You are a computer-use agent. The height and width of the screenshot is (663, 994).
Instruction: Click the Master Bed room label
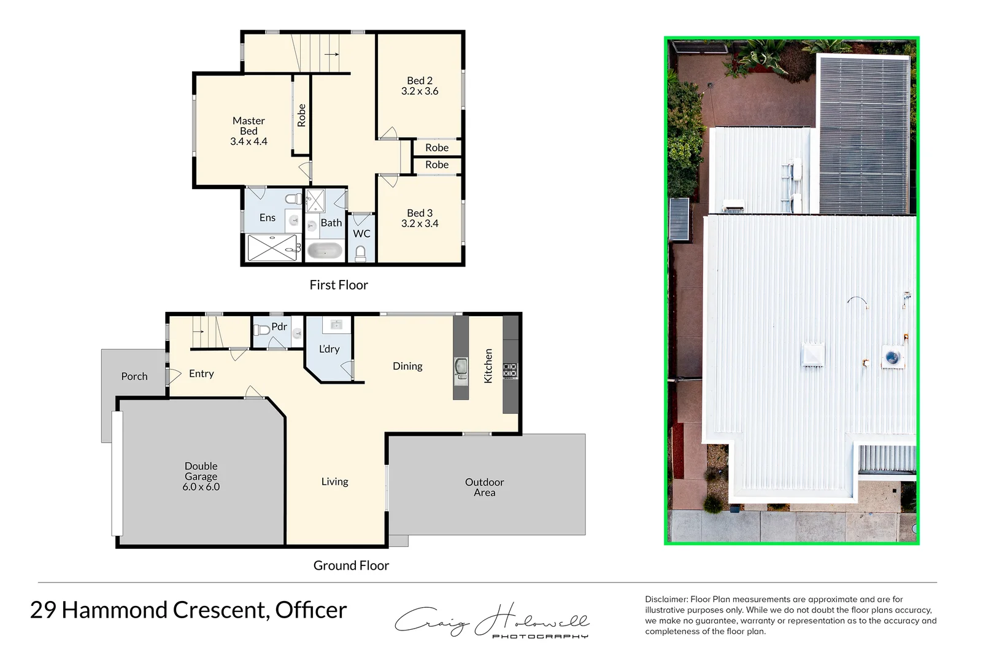point(248,126)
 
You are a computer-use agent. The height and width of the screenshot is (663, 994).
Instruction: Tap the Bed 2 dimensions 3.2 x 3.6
point(420,91)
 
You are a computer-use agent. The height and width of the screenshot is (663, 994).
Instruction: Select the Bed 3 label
point(420,213)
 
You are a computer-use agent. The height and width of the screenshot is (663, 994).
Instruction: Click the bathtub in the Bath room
point(324,250)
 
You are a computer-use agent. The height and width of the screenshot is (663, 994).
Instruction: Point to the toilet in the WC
point(361,252)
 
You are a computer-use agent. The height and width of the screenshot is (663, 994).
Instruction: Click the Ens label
point(268,217)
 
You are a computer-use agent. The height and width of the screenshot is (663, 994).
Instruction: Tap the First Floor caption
point(339,285)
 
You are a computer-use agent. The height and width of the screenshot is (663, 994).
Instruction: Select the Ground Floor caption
point(351,565)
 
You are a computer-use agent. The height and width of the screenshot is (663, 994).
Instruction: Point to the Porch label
point(134,376)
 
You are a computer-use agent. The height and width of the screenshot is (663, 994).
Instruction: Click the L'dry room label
point(329,349)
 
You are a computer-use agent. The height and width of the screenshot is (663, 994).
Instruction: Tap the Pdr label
point(279,327)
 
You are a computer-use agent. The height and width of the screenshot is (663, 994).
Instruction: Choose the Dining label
point(407,366)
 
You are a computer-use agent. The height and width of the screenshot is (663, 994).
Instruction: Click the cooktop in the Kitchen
point(510,370)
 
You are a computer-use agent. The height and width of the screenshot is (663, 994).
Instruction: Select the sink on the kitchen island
point(461,366)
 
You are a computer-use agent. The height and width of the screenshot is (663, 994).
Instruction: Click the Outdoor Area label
point(484,487)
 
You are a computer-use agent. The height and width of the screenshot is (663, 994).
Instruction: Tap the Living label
point(334,482)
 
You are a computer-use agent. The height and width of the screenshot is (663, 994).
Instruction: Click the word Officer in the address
point(311,610)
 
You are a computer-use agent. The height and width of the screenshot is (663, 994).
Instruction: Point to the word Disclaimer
point(666,599)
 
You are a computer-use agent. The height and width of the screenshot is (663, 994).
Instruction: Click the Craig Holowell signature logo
point(491,621)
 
